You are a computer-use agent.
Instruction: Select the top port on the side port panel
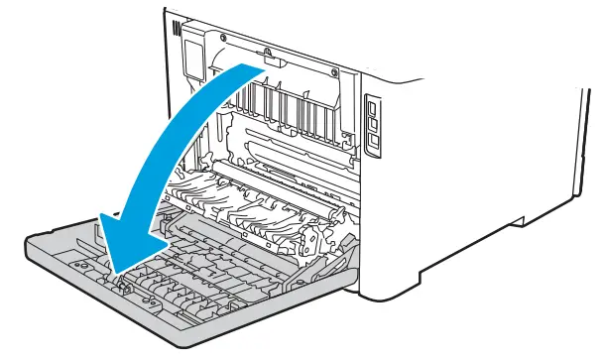(x=373, y=106)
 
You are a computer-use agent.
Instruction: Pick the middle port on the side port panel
(x=374, y=124)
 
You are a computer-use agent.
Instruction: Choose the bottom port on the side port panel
(x=374, y=141)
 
